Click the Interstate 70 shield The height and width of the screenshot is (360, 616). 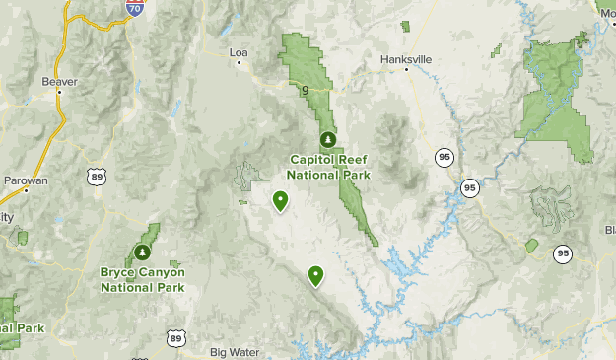[x=133, y=8]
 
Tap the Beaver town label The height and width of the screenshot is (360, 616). [x=59, y=81]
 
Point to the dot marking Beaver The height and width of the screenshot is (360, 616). [x=60, y=93]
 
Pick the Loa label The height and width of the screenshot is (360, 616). [x=238, y=52]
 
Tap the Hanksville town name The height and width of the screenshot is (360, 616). [x=406, y=59]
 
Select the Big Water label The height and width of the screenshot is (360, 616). [x=234, y=351]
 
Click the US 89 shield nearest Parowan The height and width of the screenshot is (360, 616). [x=96, y=177]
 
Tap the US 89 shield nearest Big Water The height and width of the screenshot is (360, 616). [x=175, y=338]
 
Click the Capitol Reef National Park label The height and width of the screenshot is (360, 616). [x=330, y=167]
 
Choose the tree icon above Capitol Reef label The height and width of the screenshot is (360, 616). [x=327, y=139]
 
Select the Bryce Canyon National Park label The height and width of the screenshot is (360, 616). [x=142, y=279]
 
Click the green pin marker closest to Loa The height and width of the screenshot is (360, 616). [x=281, y=202]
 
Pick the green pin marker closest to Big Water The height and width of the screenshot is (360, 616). [x=316, y=276]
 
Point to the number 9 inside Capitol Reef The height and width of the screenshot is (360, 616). [x=306, y=92]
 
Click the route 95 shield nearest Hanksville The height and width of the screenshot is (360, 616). [x=445, y=156]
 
